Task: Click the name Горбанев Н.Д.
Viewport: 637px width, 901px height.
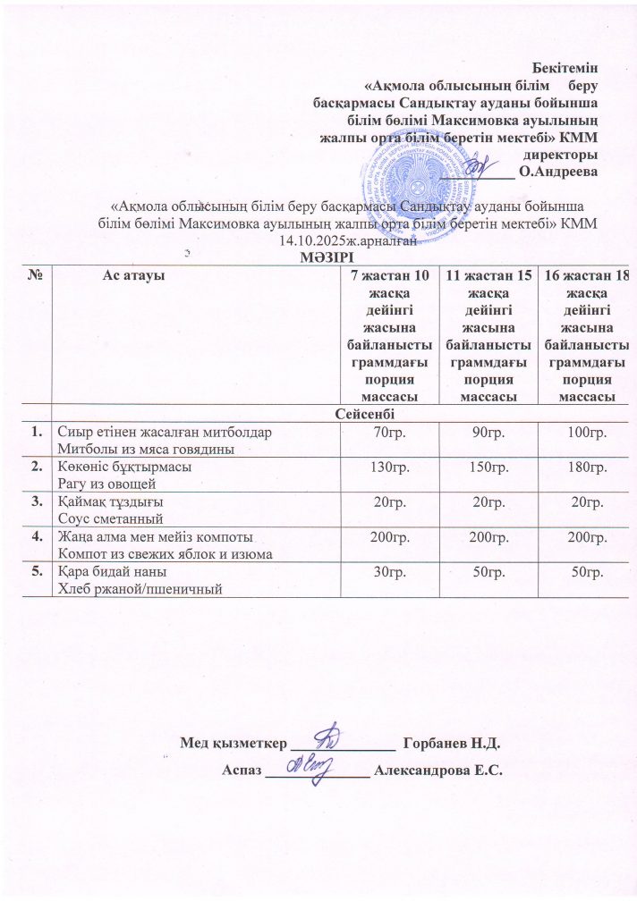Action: [x=451, y=743]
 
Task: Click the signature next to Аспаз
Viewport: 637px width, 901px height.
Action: [x=309, y=765]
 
